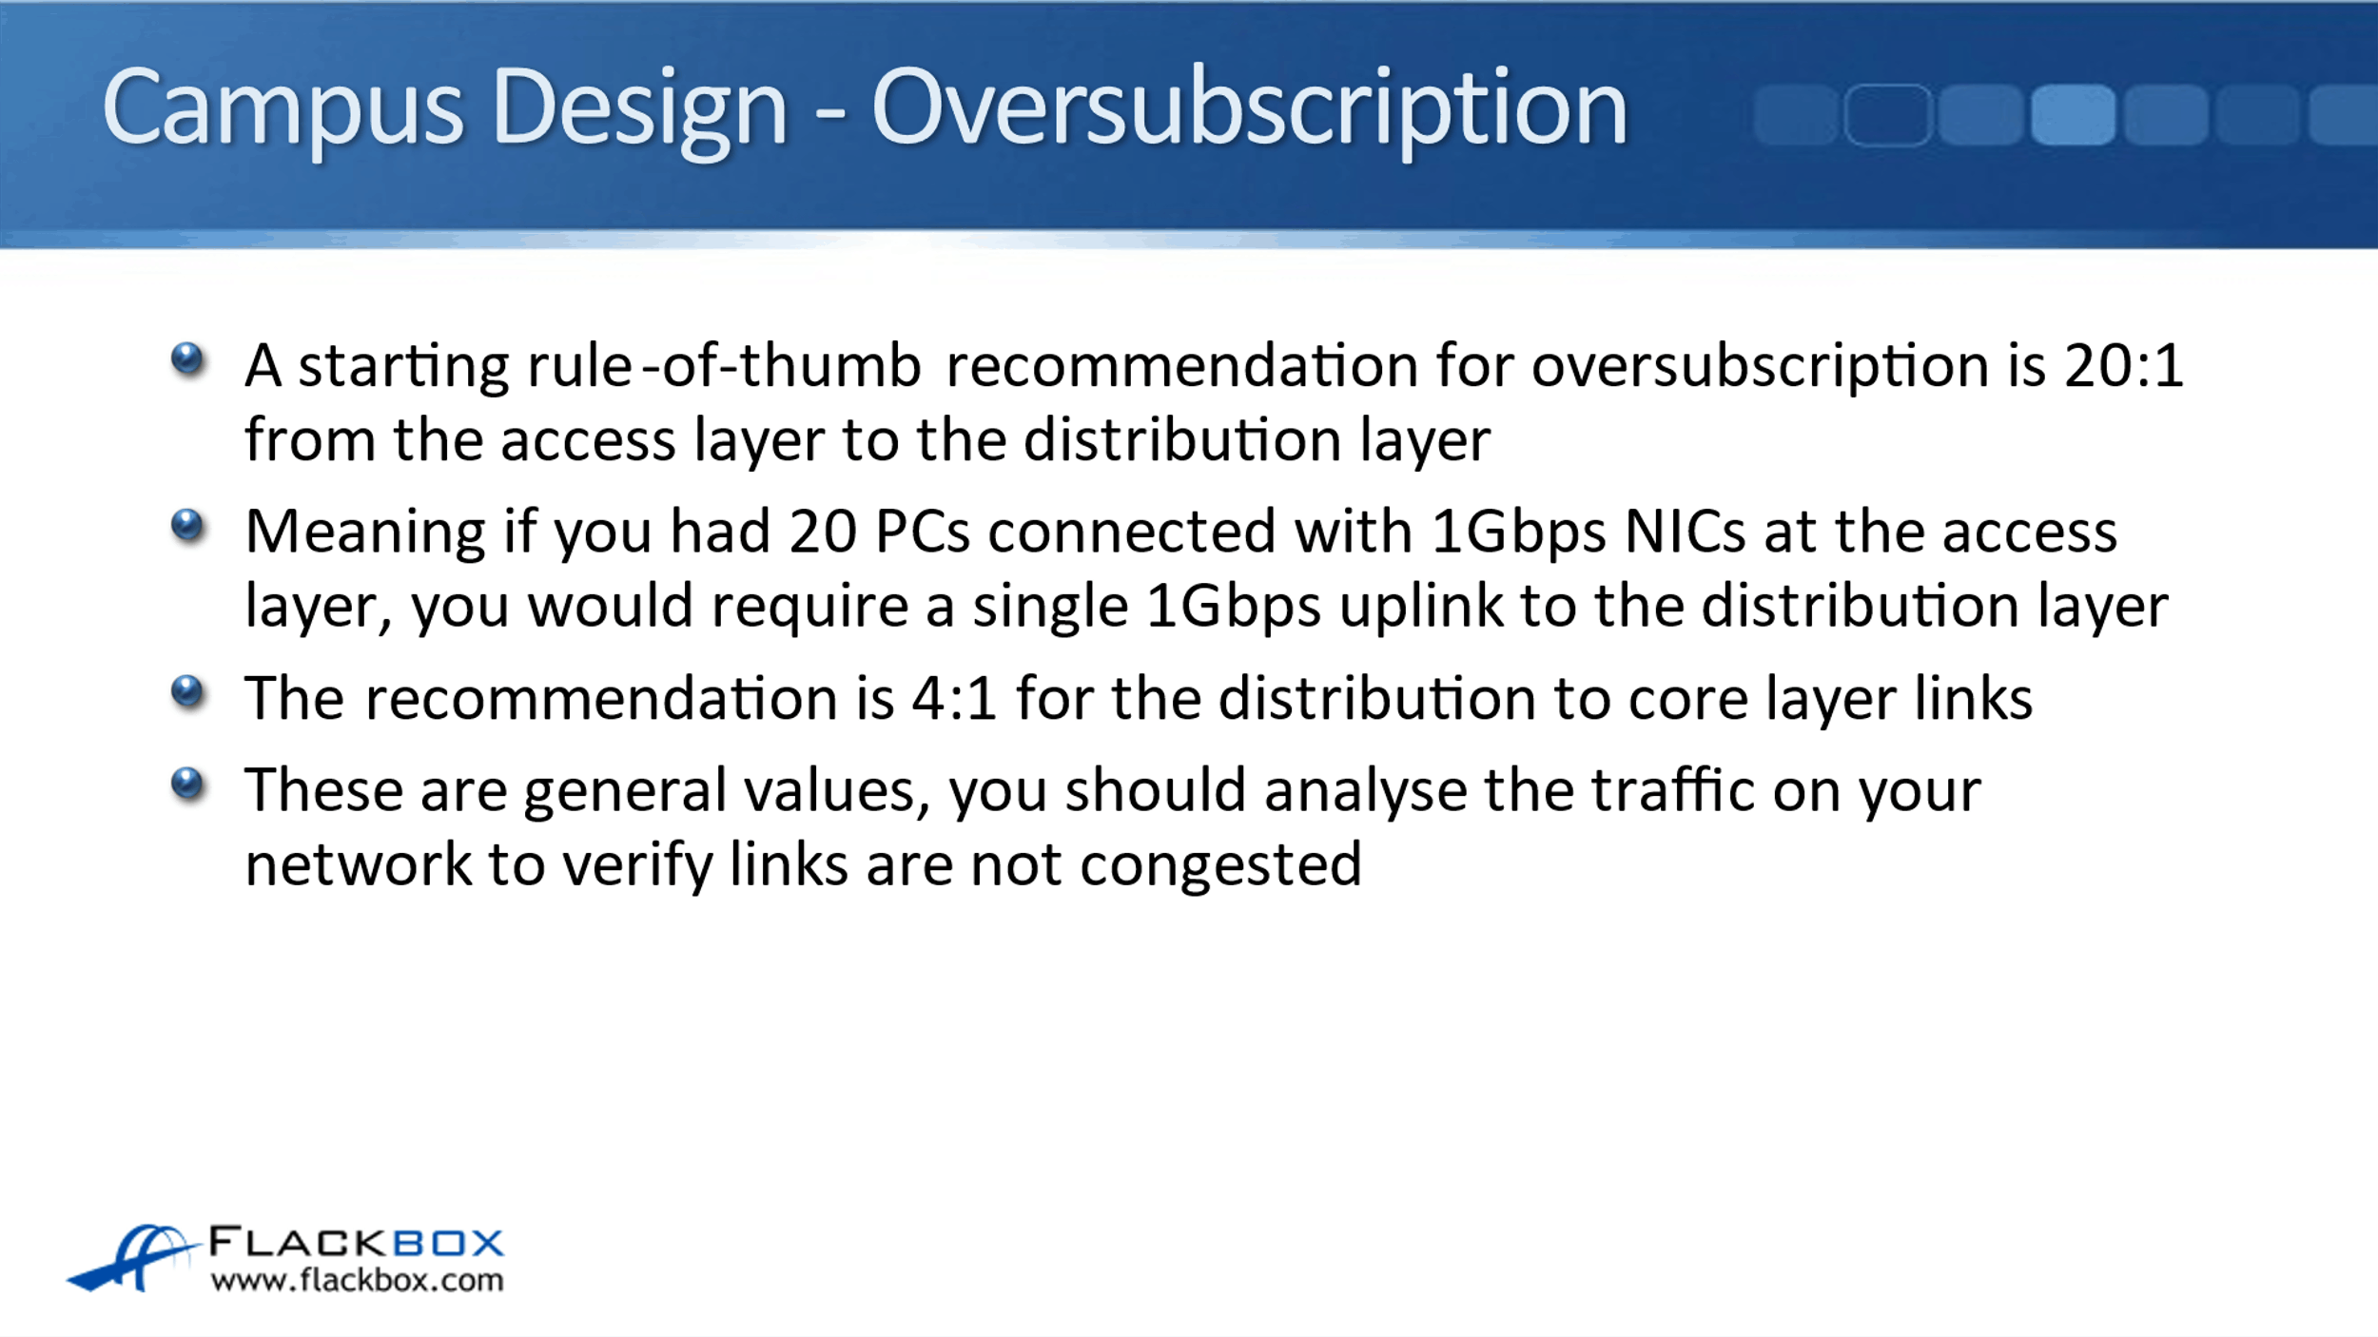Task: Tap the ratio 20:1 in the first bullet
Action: (2123, 365)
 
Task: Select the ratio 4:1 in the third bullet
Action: (954, 698)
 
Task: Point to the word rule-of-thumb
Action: (724, 365)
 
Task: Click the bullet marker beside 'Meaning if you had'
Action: (187, 525)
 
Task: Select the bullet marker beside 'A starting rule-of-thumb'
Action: (187, 359)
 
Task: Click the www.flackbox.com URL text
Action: (357, 1280)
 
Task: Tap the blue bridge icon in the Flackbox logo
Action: (133, 1257)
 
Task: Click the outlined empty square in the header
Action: (1888, 115)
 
